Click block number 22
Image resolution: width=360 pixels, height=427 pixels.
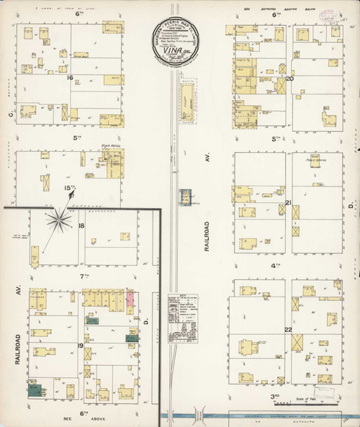click(288, 329)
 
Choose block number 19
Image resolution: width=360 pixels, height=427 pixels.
click(81, 346)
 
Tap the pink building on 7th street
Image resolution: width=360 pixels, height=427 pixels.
click(131, 300)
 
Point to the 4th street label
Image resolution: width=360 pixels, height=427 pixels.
click(274, 266)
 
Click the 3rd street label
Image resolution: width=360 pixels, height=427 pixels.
click(274, 395)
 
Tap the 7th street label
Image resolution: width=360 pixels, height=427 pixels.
click(84, 276)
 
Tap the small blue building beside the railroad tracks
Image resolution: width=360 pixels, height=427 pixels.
click(186, 196)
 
